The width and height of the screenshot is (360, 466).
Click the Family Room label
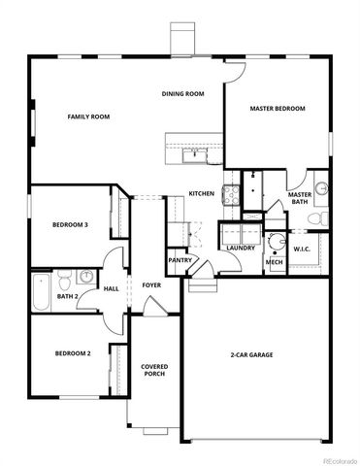[x=88, y=116]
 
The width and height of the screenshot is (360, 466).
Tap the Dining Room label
[x=182, y=94]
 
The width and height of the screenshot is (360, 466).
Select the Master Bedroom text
[x=278, y=109]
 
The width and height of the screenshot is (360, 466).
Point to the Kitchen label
[x=202, y=194]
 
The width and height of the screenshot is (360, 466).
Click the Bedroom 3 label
[x=71, y=225]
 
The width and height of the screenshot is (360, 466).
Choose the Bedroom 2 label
[x=73, y=353]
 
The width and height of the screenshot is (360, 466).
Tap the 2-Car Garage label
[x=251, y=355]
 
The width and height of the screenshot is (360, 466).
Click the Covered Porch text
[x=155, y=371]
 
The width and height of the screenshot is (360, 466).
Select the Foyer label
[x=152, y=285]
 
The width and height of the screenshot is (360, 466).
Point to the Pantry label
[x=180, y=260]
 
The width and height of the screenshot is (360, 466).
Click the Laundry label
[x=241, y=248]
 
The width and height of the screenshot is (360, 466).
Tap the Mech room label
[x=275, y=262]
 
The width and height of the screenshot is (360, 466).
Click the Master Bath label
[x=301, y=199]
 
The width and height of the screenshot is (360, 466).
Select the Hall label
[x=112, y=288]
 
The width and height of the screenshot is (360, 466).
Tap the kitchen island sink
[x=194, y=152]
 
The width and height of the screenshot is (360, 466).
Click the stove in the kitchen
[x=231, y=193]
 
